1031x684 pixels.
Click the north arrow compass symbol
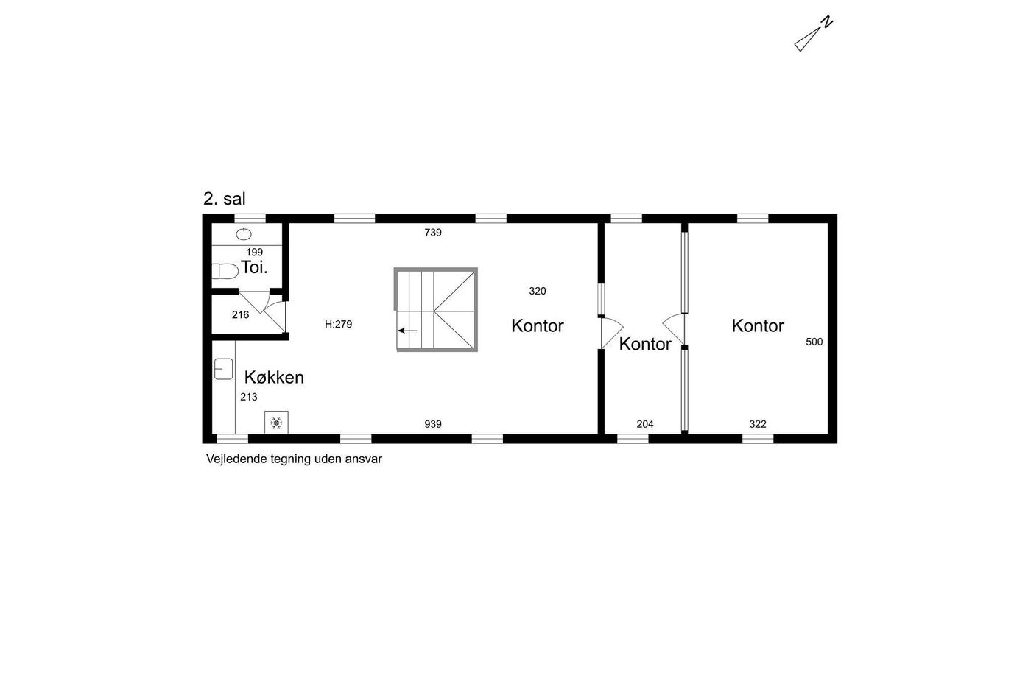(x=813, y=35)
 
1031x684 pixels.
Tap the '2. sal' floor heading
(x=224, y=199)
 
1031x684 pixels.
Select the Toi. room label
(x=254, y=267)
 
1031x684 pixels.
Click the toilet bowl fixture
(x=225, y=271)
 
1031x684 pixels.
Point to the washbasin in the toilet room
(x=244, y=234)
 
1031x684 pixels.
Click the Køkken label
(x=274, y=378)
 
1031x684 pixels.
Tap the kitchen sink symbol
(x=223, y=369)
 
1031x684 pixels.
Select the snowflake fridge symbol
(x=276, y=423)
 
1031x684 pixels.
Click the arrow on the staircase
(x=407, y=331)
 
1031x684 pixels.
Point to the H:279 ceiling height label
(x=338, y=324)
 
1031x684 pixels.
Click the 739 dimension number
(x=433, y=233)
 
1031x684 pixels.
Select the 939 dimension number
(x=433, y=424)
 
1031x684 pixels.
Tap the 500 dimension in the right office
(x=814, y=342)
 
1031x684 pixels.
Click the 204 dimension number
(x=645, y=424)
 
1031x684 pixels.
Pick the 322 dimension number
(x=758, y=424)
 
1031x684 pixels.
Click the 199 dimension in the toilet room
(x=255, y=253)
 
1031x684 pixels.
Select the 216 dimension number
(x=240, y=315)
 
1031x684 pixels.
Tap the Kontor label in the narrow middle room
(x=645, y=345)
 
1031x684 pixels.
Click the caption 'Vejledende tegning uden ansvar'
(x=294, y=459)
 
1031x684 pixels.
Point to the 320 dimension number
(x=538, y=291)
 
